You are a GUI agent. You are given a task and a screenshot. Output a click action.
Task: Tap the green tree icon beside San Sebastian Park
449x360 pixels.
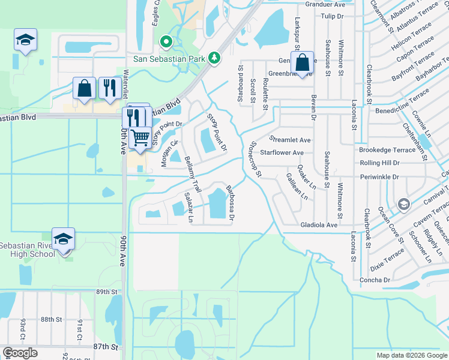[x=214, y=58]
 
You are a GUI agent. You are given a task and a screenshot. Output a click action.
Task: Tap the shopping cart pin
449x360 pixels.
[x=140, y=137]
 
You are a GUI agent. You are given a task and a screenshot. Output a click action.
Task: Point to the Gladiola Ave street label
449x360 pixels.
[x=319, y=224]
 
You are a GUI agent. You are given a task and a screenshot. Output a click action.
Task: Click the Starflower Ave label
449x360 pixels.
[x=282, y=153]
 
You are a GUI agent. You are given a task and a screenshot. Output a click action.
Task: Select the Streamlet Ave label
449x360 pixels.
[x=290, y=140]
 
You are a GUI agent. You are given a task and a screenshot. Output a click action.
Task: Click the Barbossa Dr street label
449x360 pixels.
[x=229, y=202]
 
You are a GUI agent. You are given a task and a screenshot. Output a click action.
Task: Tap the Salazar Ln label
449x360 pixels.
[x=189, y=208]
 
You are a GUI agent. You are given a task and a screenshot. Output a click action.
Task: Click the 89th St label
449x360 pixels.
[x=105, y=292]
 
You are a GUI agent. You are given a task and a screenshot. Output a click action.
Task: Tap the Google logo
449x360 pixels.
[x=20, y=353]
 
